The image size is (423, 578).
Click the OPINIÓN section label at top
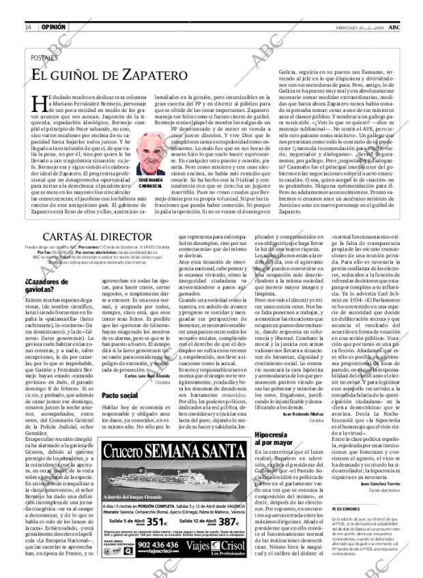(x=53, y=27)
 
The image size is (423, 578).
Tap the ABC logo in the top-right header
(x=404, y=27)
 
